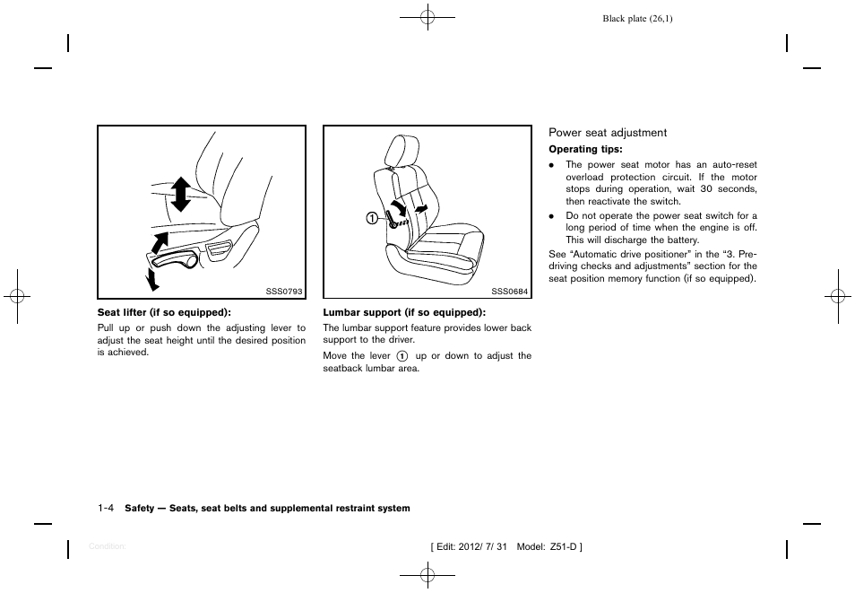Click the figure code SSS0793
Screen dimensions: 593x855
285,292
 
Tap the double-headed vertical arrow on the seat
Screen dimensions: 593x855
181,194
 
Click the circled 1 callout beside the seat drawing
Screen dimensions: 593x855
369,217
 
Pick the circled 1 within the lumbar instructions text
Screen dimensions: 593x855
402,356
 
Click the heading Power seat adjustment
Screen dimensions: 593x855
608,133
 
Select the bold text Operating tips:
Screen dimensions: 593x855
585,150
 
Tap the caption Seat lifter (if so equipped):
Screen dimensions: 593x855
164,312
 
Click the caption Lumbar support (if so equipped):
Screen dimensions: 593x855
404,312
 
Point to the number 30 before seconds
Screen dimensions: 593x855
706,189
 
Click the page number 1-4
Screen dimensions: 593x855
106,508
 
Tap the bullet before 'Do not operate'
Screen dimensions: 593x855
553,216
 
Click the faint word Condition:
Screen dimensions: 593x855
108,546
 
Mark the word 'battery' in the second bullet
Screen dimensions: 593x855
680,240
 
